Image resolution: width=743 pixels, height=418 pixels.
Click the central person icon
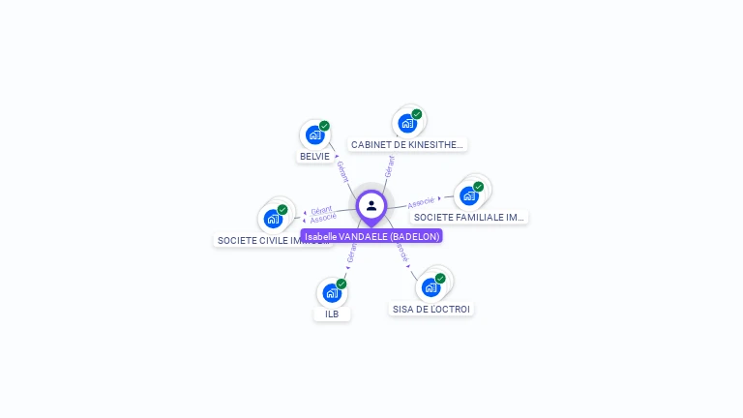[x=371, y=205]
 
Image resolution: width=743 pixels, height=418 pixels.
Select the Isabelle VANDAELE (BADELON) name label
[x=371, y=236]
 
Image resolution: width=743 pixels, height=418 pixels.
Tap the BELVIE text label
[x=314, y=156]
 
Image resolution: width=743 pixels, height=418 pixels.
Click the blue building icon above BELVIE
[x=314, y=134]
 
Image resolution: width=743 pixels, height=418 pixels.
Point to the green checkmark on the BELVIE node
[x=325, y=126]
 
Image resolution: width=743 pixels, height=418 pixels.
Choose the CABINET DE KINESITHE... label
[x=407, y=144]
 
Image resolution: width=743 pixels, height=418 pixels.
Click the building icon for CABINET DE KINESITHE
[x=407, y=123]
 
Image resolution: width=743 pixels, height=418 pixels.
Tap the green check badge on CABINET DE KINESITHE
[x=417, y=114]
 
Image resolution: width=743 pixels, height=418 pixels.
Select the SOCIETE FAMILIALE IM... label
[x=468, y=217]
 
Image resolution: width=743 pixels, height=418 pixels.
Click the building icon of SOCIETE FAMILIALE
[x=469, y=195]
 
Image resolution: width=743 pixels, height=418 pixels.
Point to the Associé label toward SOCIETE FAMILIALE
[x=421, y=202]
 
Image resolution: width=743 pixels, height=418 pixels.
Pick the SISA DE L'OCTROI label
[x=431, y=309]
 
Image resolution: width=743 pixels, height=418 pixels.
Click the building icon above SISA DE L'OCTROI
[x=431, y=287]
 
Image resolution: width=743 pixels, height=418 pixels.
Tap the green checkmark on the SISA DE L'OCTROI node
[x=440, y=279]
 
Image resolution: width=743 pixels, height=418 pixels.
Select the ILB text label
[x=332, y=313]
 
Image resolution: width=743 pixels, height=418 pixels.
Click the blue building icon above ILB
[x=332, y=292]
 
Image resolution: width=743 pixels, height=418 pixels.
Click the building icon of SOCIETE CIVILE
[x=273, y=219]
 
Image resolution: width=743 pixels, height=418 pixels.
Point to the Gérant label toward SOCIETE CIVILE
[x=321, y=209]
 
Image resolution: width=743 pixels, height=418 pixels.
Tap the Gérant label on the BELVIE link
[x=342, y=171]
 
